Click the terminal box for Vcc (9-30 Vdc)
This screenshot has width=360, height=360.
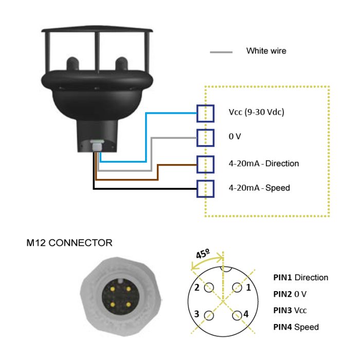[205, 113]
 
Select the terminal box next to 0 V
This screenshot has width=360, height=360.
[205, 138]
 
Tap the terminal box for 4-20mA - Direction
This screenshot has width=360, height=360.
[205, 164]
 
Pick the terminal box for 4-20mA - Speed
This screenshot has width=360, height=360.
[205, 188]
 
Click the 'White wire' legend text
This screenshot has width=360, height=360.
[266, 51]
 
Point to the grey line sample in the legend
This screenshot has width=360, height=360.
[221, 52]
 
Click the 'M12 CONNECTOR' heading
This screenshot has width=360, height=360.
[69, 243]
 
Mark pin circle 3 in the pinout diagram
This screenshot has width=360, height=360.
[208, 315]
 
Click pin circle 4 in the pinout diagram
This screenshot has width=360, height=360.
[237, 315]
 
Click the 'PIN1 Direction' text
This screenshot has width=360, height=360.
[300, 278]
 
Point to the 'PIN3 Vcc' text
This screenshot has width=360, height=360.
[290, 311]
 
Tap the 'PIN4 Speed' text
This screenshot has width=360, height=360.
[296, 327]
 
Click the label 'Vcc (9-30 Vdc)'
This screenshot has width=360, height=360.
[256, 113]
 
